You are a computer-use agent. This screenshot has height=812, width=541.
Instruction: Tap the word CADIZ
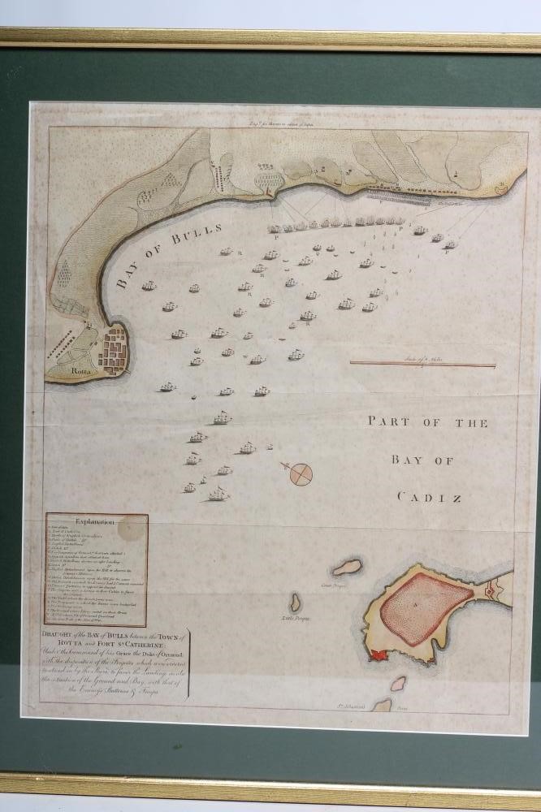pyautogui.click(x=421, y=496)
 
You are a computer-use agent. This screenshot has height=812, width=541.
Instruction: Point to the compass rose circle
pyautogui.click(x=301, y=473)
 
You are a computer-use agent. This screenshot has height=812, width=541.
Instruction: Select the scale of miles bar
pyautogui.click(x=422, y=365)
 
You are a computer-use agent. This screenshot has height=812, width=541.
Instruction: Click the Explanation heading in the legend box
pyautogui.click(x=96, y=522)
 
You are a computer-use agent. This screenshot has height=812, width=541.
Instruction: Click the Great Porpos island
pyautogui.click(x=348, y=567)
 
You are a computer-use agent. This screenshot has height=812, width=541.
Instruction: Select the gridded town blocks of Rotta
pyautogui.click(x=113, y=346)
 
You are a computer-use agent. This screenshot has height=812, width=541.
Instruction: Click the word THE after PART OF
pyautogui.click(x=466, y=423)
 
